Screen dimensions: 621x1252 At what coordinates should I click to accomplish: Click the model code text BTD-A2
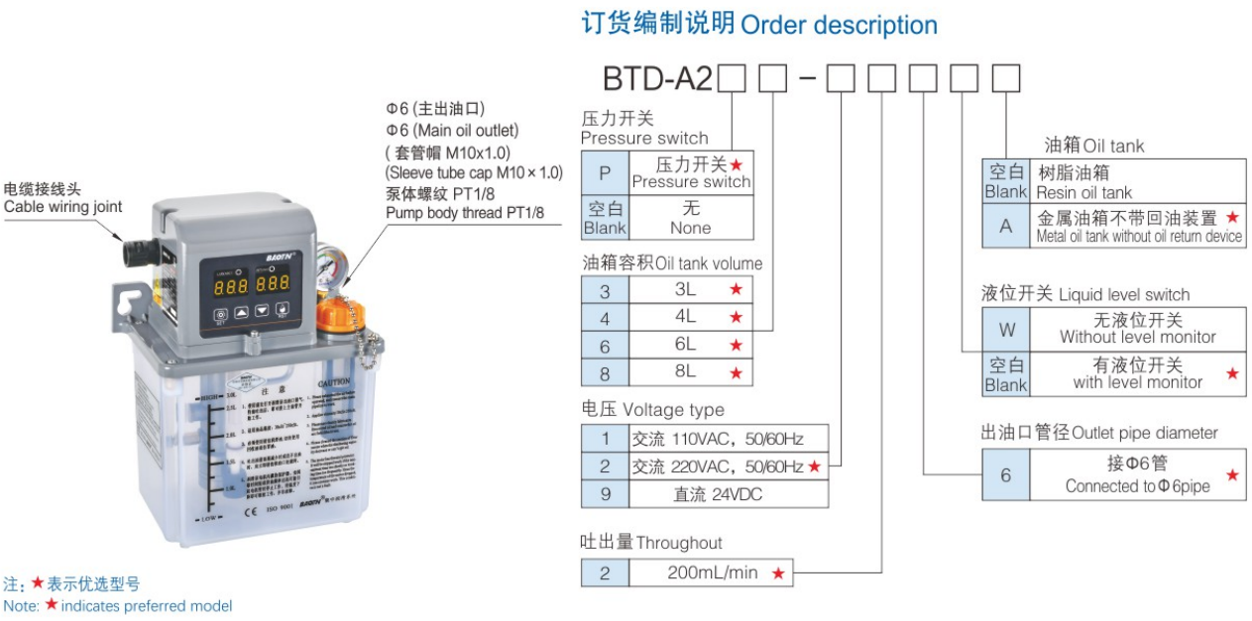(x=657, y=78)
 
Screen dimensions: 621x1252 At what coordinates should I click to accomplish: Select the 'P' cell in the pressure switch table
(x=605, y=172)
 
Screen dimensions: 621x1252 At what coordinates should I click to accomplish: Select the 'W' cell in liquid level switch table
(x=1005, y=326)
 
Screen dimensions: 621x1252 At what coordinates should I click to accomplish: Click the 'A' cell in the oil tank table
(x=1006, y=226)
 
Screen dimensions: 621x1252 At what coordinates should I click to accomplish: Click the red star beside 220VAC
(x=815, y=466)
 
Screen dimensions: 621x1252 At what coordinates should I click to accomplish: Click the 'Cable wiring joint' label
(x=63, y=206)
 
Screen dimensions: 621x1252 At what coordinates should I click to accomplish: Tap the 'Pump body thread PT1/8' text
(x=464, y=213)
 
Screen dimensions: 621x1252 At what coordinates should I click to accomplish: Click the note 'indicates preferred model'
(x=146, y=605)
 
